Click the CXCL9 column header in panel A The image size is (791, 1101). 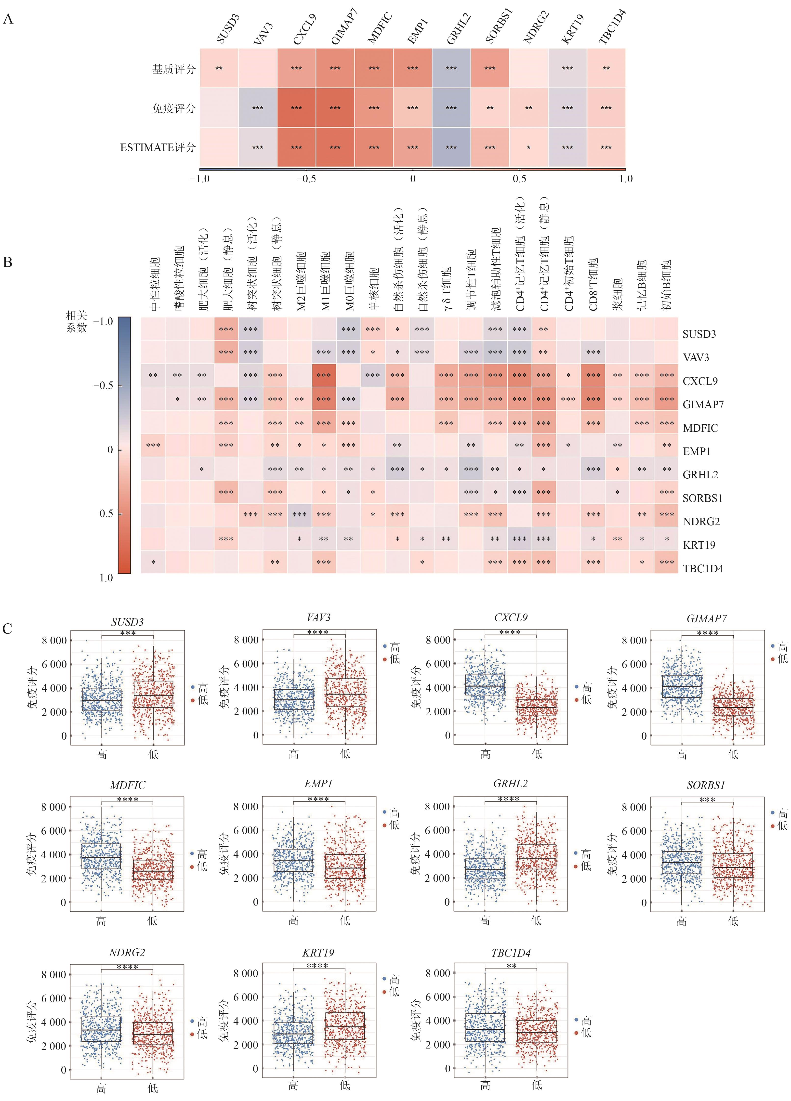point(304,29)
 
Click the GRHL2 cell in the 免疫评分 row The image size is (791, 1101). point(451,108)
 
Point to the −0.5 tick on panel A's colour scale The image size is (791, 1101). point(306,179)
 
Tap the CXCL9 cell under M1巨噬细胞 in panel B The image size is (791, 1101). point(324,375)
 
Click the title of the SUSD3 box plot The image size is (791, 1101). point(127,622)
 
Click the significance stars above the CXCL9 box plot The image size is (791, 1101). point(510,632)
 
